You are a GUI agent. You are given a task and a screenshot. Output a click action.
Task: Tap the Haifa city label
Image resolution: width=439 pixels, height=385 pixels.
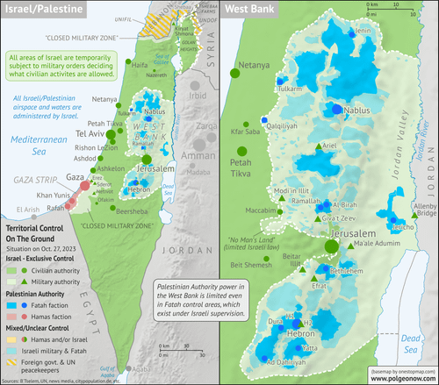115,64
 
